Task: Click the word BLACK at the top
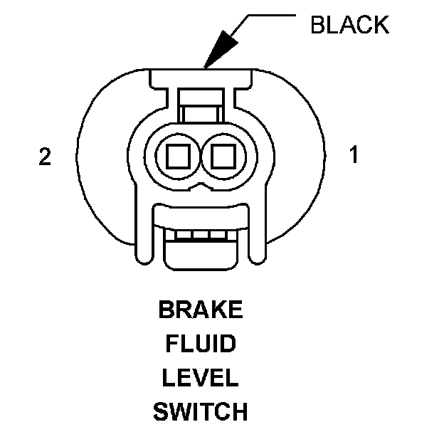click(x=349, y=25)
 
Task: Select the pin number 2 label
click(x=45, y=157)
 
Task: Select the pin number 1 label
click(x=353, y=155)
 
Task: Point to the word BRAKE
click(x=200, y=311)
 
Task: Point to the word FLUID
click(x=200, y=344)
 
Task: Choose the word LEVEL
click(x=200, y=378)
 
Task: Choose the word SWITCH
click(x=200, y=411)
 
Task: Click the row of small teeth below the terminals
click(x=200, y=235)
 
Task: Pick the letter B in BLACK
click(x=317, y=25)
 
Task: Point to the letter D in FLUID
click(x=228, y=344)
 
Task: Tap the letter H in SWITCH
click(x=238, y=411)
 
